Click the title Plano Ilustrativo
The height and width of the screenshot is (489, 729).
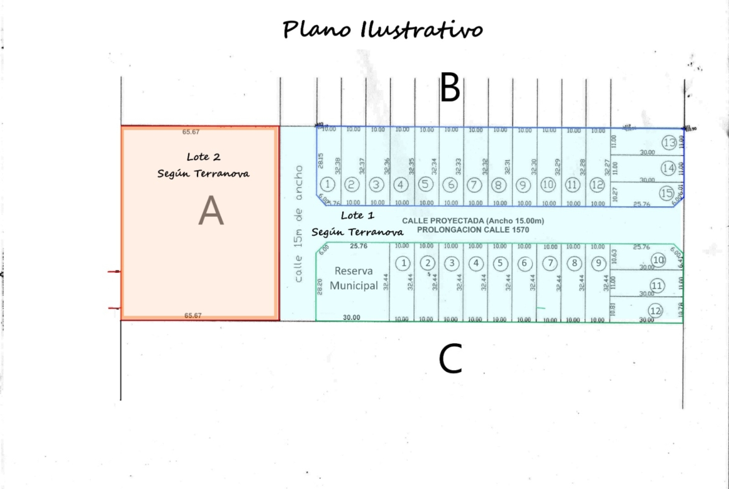point(383,29)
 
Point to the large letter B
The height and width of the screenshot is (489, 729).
point(450,88)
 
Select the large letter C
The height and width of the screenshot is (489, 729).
point(450,359)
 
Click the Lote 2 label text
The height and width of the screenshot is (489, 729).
point(203,157)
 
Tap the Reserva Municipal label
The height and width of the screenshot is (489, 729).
point(354,278)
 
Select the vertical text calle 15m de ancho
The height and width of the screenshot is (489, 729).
point(299,223)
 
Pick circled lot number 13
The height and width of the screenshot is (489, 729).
point(669,143)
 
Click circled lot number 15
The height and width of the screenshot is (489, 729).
point(667,193)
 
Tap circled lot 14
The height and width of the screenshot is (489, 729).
point(669,168)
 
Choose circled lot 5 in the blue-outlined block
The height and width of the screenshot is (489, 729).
point(426,184)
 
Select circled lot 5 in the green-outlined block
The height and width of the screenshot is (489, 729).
point(500,263)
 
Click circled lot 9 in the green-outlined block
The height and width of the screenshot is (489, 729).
point(598,263)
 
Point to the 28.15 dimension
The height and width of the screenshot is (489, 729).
point(321,161)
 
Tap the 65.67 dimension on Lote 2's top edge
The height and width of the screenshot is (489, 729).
point(191,132)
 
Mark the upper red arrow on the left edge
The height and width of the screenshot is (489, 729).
point(113,272)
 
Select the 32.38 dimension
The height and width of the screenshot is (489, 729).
point(337,165)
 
